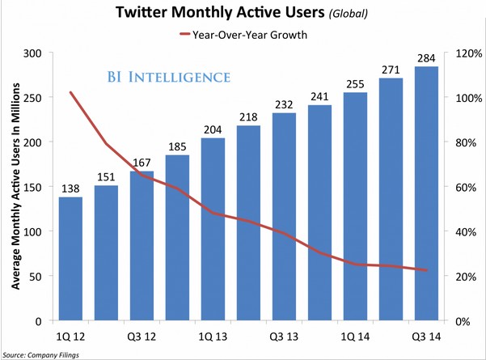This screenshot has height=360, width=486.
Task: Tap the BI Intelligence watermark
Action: coord(168,77)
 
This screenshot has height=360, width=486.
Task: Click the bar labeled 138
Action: coord(70,259)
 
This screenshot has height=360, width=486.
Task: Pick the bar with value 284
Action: coord(426,194)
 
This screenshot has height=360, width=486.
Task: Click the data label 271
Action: coord(391,70)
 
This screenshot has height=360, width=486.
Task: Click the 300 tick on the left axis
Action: coord(32,53)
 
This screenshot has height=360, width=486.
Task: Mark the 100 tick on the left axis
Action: coord(32,231)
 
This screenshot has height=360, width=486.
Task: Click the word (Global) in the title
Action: coord(343,14)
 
